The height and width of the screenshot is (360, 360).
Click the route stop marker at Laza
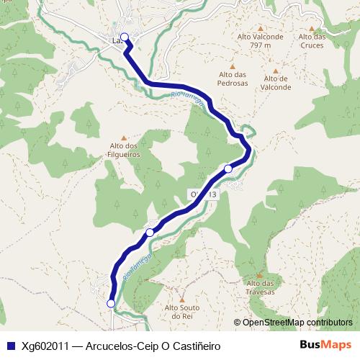point(124,37)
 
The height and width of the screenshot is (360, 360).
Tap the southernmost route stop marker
point(111,304)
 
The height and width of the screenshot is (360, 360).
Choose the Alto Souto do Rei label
point(181,311)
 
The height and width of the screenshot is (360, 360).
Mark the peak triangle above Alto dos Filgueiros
point(124,138)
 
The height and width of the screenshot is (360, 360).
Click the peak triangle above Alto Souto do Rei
point(181,299)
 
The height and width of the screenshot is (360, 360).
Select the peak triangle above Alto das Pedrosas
point(233,66)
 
